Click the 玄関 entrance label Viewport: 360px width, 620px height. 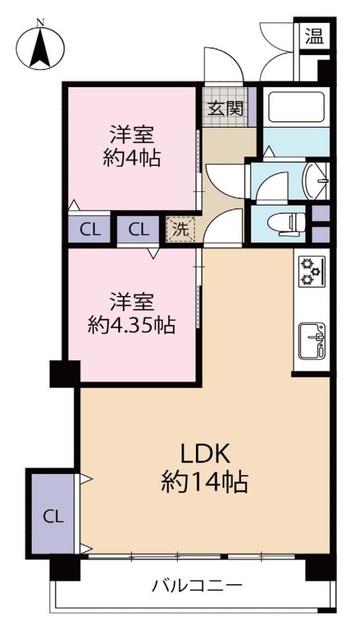tap(225, 108)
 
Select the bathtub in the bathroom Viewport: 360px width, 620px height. tap(296, 106)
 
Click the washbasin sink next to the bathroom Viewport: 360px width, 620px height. tap(315, 180)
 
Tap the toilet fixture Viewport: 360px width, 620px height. tap(287, 223)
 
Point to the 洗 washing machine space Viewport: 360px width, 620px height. tap(181, 229)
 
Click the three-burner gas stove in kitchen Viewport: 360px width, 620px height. tap(312, 271)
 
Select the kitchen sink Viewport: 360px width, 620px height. tap(312, 340)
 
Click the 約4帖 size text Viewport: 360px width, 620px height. tap(131, 159)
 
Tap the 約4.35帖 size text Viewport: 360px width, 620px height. tap(131, 326)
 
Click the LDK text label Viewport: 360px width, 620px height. tap(205, 455)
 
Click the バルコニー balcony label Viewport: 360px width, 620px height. tap(197, 585)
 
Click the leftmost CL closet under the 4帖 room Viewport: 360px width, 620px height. tap(90, 229)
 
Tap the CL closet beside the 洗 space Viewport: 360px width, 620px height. tap(139, 229)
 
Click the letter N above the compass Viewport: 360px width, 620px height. tap(40, 22)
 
